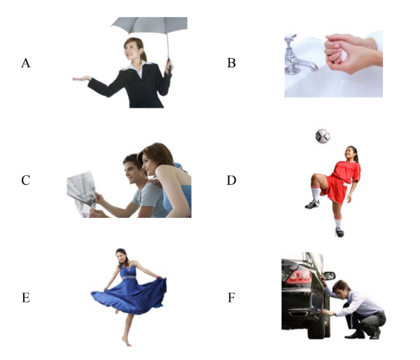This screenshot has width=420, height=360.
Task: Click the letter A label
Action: (x=26, y=63)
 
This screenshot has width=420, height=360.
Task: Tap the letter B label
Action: (x=231, y=63)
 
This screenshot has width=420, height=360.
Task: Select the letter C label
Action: (x=26, y=180)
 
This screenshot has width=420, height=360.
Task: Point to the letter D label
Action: (x=231, y=180)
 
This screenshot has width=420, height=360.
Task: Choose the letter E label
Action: (x=26, y=298)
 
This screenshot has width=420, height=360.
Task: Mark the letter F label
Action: (x=231, y=298)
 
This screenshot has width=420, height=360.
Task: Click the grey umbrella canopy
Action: (x=149, y=25)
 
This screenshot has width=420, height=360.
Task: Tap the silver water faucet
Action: (x=298, y=56)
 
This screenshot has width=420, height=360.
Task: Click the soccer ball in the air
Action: (x=323, y=136)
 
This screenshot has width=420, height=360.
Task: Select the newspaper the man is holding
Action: (x=82, y=194)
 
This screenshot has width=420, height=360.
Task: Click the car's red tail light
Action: (x=298, y=277)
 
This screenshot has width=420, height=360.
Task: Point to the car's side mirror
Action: (x=330, y=275)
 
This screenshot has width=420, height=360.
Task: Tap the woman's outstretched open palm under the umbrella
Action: (x=81, y=79)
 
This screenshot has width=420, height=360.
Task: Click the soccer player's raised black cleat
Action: (x=312, y=204)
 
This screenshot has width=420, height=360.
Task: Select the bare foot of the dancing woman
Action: (x=127, y=341)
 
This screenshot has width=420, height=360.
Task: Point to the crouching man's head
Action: (x=341, y=289)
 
